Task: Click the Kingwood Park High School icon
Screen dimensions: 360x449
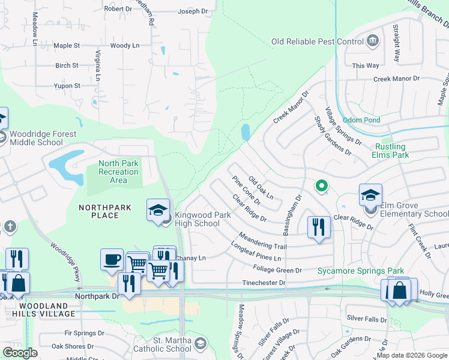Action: coord(157,210)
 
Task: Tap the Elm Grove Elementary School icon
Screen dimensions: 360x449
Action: coord(370,196)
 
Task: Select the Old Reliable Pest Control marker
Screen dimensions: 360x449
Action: coord(373,41)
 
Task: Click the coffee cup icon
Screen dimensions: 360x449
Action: coord(112,260)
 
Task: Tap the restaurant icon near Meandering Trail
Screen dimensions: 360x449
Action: coord(319,227)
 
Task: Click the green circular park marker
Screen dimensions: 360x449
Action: coord(321,186)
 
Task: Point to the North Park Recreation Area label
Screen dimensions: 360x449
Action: coord(118,172)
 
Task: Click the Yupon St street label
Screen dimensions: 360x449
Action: coord(67,86)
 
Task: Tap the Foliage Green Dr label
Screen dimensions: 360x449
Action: coord(277,271)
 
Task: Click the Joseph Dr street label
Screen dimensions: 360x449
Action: coord(193,11)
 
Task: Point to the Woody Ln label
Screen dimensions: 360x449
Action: coord(125,46)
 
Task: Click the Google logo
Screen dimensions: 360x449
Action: coord(20,353)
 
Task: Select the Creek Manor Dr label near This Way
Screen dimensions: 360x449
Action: coord(397,79)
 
